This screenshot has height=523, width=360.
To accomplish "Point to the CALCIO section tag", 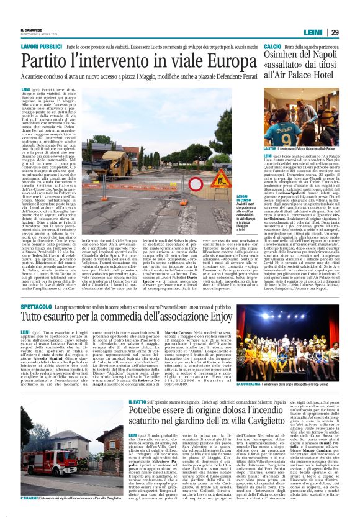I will tap(272, 47).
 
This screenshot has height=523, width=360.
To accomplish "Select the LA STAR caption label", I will tap(272, 149).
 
